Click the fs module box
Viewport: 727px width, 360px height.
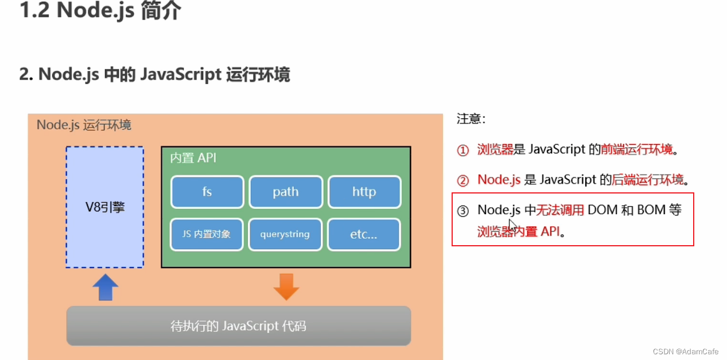207,192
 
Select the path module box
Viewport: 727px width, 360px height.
285,192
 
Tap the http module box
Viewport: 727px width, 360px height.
364,192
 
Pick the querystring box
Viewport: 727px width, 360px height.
285,234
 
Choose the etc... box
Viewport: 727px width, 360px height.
364,234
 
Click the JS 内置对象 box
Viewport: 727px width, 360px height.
207,234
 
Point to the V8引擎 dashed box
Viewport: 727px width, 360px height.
104,207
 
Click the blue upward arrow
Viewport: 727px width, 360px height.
105,287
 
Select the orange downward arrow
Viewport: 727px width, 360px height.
286,287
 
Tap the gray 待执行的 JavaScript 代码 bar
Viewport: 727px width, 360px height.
239,326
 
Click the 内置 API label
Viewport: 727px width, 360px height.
193,158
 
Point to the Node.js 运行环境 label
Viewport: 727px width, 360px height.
84,125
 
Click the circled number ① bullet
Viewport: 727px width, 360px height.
463,150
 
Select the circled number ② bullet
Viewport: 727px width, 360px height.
463,180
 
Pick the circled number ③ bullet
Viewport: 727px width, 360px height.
463,211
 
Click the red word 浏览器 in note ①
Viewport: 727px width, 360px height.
495,150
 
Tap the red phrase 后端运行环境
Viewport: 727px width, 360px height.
648,180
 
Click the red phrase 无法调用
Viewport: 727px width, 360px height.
560,210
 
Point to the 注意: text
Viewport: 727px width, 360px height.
471,119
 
